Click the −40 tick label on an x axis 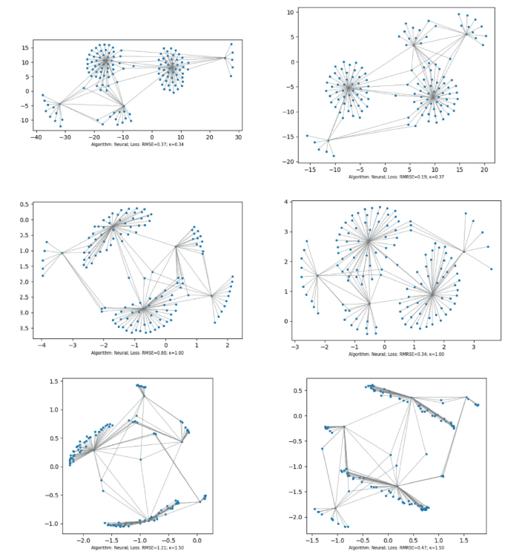click(35, 136)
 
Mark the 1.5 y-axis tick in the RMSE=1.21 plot click(53, 381)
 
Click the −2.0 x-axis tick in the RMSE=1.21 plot click(83, 541)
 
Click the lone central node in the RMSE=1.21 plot click(141, 460)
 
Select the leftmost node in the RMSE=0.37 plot click(43, 96)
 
